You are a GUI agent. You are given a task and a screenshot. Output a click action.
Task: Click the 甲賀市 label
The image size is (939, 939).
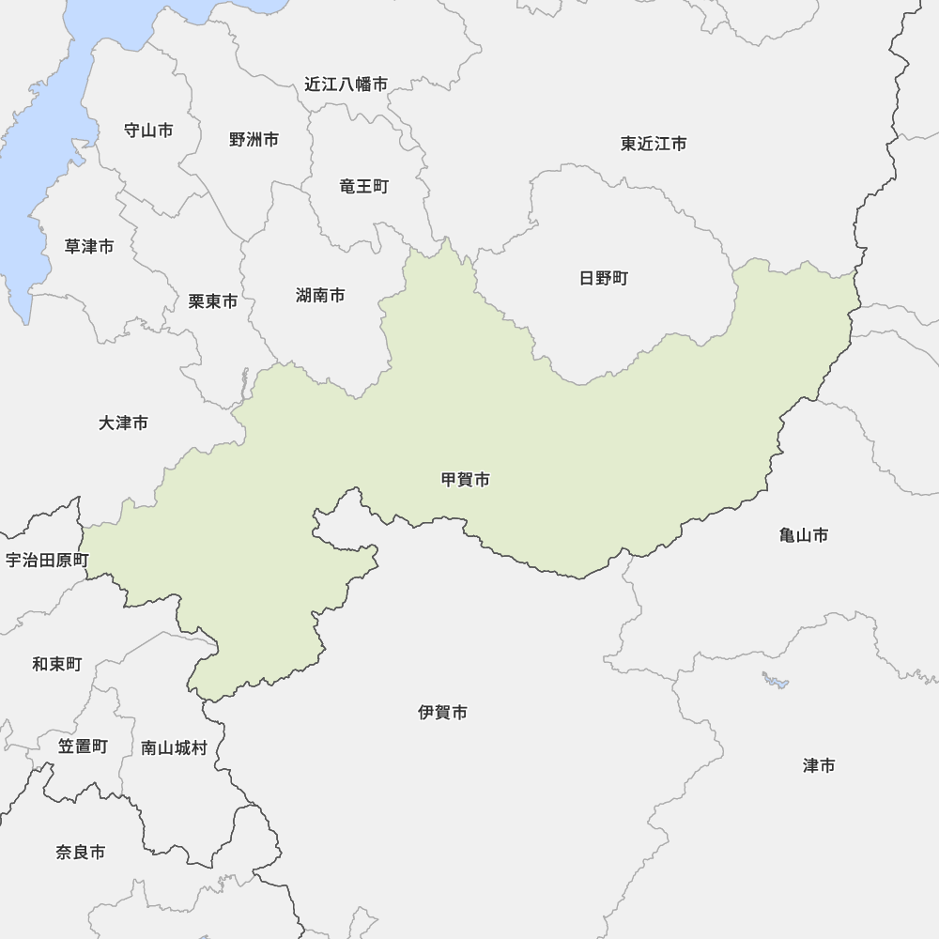(466, 480)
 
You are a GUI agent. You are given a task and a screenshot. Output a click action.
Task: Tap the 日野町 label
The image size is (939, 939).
(604, 278)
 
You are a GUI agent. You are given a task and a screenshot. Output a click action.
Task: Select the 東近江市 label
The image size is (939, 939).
(654, 144)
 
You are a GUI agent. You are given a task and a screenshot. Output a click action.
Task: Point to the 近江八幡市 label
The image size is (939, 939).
(346, 85)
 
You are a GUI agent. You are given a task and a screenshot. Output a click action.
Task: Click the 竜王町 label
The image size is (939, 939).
(363, 186)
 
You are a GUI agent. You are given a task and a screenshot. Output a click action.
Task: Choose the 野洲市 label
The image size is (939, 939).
(254, 140)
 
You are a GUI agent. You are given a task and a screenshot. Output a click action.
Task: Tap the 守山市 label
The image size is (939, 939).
(148, 131)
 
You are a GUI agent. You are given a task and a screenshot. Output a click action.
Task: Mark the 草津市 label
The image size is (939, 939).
(89, 246)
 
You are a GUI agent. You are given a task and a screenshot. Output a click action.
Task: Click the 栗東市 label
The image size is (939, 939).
(213, 301)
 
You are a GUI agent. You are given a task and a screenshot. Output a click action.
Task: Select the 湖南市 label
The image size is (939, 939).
(320, 296)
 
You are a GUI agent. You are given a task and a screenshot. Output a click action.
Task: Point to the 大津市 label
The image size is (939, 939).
(123, 423)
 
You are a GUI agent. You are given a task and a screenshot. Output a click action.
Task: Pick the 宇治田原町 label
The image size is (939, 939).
(47, 561)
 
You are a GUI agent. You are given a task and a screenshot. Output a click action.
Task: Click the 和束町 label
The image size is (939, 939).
(57, 664)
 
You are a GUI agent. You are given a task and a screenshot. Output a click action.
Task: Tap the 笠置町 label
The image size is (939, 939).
(83, 747)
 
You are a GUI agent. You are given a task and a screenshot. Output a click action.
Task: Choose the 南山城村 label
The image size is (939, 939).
(174, 748)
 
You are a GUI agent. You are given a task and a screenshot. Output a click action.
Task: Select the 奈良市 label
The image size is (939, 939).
(81, 853)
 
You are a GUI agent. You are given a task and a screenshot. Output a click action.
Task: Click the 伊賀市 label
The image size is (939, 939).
(443, 713)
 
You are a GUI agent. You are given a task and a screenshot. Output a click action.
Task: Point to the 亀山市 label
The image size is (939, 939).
(804, 535)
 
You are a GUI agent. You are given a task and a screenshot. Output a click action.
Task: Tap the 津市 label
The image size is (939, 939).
(819, 765)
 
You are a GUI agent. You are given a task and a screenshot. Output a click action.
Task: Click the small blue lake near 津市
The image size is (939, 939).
(776, 680)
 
